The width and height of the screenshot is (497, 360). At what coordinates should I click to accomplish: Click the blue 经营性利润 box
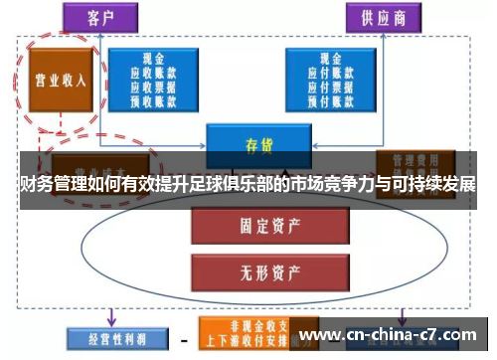108,338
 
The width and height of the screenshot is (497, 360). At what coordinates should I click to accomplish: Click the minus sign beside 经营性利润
183,339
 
